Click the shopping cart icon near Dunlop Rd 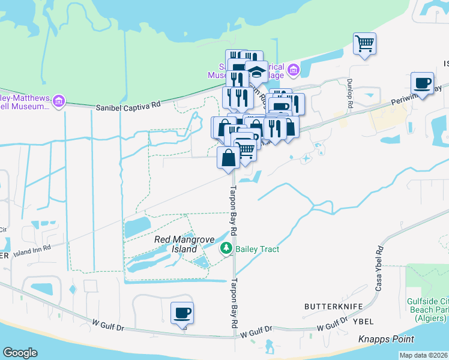(x=364, y=44)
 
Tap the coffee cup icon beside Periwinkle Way (x=422, y=83)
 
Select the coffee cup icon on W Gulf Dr (x=182, y=313)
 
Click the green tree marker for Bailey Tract (x=226, y=248)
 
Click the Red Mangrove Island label (x=176, y=244)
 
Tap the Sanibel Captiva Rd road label (x=129, y=106)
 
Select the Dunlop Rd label (x=349, y=94)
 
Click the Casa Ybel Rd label (x=379, y=270)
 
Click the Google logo (x=20, y=353)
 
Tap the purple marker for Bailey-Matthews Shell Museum (x=58, y=101)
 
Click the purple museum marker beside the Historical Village (x=294, y=71)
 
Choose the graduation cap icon (x=257, y=71)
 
